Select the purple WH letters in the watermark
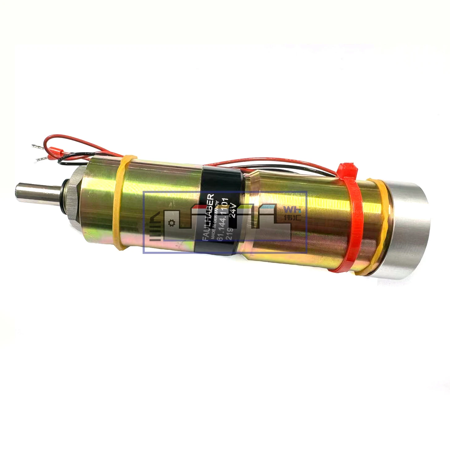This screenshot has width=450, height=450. pyautogui.click(x=291, y=209)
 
